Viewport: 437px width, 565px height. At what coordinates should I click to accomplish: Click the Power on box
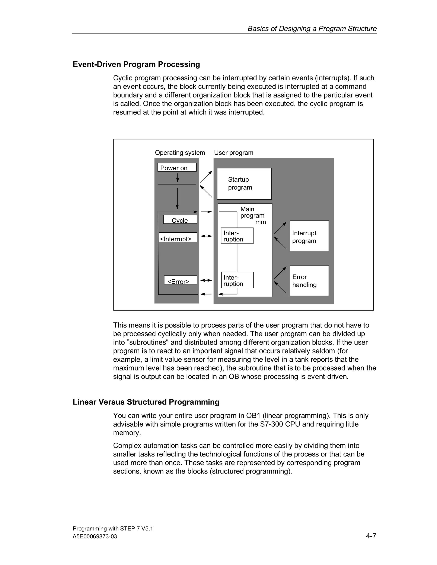177,167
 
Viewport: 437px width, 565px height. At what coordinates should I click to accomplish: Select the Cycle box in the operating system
180,220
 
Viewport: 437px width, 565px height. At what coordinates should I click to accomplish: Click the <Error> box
181,280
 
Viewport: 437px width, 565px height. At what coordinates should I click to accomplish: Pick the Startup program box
244,184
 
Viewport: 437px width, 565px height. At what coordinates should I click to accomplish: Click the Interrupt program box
309,236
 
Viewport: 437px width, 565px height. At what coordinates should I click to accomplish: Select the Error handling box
309,281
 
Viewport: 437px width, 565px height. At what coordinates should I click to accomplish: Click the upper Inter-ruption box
237,236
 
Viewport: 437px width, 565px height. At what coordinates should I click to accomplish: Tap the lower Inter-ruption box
237,280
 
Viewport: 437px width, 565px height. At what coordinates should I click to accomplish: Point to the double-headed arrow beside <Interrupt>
206,236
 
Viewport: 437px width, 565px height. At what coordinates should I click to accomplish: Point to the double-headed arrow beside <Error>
206,280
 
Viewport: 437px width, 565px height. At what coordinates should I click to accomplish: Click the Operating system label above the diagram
180,153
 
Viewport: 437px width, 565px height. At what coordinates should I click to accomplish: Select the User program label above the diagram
233,153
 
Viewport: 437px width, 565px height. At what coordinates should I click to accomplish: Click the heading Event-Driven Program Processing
136,64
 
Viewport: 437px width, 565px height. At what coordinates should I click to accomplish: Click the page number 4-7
371,536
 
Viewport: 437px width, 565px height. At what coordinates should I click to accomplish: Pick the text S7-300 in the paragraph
271,424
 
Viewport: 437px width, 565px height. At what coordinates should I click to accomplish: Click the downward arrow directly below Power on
177,178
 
